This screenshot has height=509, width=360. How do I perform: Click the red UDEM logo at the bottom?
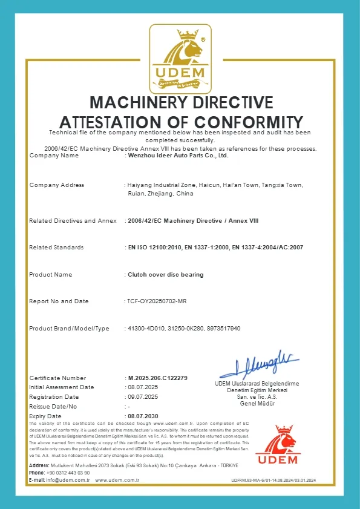point(277,445)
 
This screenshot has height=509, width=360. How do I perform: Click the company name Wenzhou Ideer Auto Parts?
point(178,156)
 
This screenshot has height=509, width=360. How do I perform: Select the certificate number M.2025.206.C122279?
point(157,378)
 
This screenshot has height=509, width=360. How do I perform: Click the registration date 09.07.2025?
point(142,396)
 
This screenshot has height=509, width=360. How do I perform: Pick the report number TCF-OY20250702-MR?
point(157,301)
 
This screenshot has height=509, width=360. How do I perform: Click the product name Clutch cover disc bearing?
point(165,274)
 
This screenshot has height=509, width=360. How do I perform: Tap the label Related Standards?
point(56,248)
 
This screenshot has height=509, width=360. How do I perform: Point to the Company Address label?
point(56,185)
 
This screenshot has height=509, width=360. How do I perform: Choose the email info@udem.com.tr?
point(68,480)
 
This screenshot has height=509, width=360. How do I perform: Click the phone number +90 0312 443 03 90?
point(68,473)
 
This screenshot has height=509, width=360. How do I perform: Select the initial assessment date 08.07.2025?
point(142,387)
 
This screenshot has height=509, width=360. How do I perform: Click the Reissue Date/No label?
point(53,406)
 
